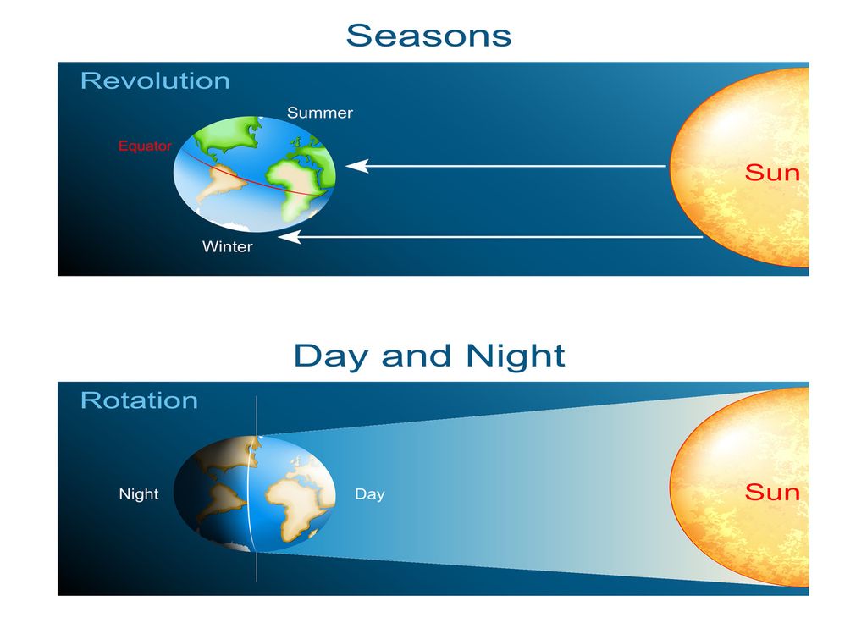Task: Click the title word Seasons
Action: (428, 36)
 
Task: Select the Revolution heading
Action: (155, 81)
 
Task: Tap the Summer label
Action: (319, 113)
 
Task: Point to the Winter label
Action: (227, 247)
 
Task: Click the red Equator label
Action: (144, 146)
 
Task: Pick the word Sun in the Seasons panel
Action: (771, 173)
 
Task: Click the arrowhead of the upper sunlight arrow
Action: (356, 166)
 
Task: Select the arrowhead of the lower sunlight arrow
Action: (290, 238)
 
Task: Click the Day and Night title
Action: (428, 356)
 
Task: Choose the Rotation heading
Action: (139, 400)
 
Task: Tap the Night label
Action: (139, 494)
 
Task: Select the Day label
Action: (369, 494)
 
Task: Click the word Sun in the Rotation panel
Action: (771, 492)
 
